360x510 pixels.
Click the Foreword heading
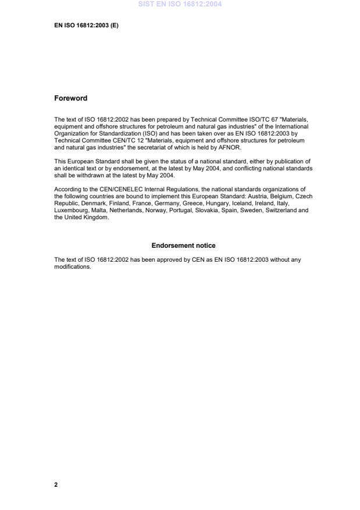(70, 98)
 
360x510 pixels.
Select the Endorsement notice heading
(183, 245)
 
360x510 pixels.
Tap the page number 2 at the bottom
(56, 484)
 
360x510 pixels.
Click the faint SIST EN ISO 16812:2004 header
(180, 4)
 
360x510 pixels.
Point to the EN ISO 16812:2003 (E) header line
(86, 26)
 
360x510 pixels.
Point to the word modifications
(73, 266)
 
